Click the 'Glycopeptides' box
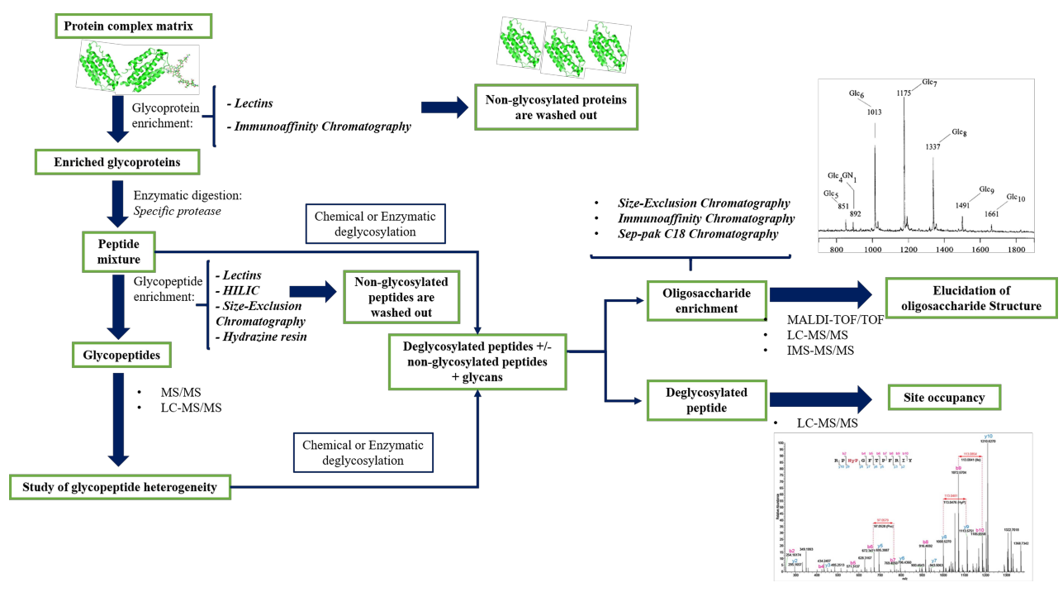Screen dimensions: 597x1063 pos(120,356)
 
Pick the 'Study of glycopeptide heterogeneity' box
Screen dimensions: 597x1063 pos(119,487)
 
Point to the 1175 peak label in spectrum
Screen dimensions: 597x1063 pos(904,94)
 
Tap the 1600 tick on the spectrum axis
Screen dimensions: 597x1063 pos(980,248)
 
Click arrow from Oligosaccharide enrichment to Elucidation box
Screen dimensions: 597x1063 pos(821,296)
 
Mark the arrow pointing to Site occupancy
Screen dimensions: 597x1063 pos(821,399)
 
